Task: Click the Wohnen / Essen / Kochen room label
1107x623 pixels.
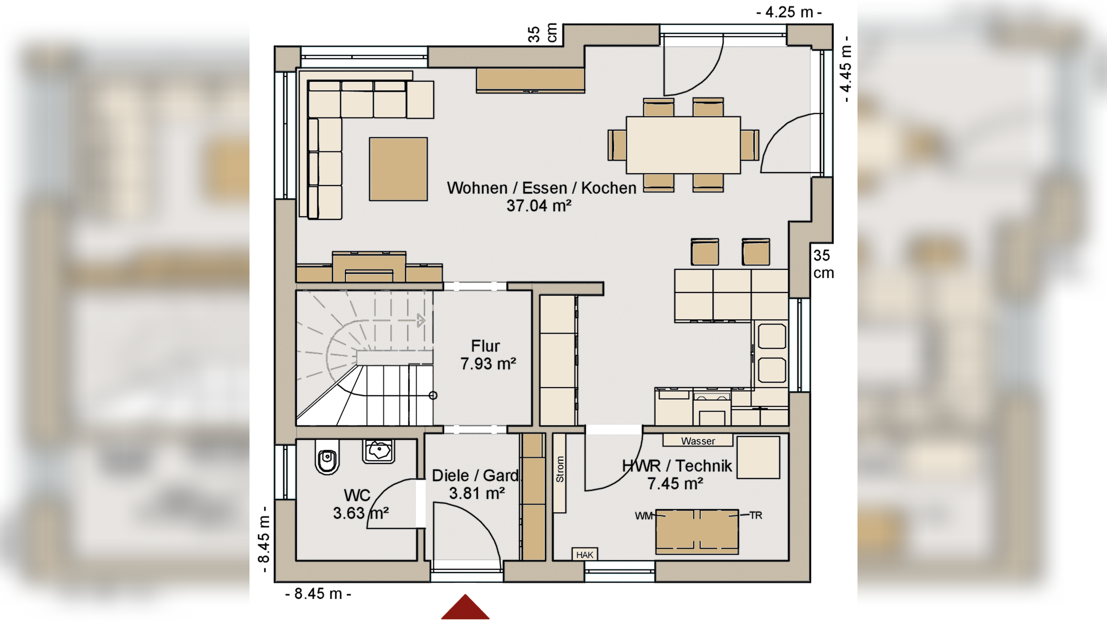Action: pyautogui.click(x=541, y=188)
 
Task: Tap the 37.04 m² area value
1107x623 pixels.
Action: pyautogui.click(x=539, y=206)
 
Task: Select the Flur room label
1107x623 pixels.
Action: pyautogui.click(x=485, y=346)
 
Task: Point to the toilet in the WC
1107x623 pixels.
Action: pyautogui.click(x=327, y=457)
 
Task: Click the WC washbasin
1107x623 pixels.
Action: pyautogui.click(x=378, y=451)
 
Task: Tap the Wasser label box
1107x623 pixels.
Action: pyautogui.click(x=698, y=441)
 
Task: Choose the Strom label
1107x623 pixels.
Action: pyautogui.click(x=560, y=469)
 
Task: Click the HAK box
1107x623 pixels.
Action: pyautogui.click(x=585, y=555)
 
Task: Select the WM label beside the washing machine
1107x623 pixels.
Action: pyautogui.click(x=643, y=516)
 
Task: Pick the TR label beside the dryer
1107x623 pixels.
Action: pyautogui.click(x=756, y=515)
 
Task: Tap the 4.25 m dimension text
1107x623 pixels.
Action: pyautogui.click(x=789, y=12)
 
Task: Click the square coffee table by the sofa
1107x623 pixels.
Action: pyautogui.click(x=398, y=169)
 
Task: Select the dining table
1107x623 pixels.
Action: pyautogui.click(x=683, y=145)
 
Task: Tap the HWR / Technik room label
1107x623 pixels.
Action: pyautogui.click(x=677, y=466)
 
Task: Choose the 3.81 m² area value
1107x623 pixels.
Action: pyautogui.click(x=477, y=493)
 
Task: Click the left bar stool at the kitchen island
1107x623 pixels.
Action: pyautogui.click(x=705, y=252)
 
